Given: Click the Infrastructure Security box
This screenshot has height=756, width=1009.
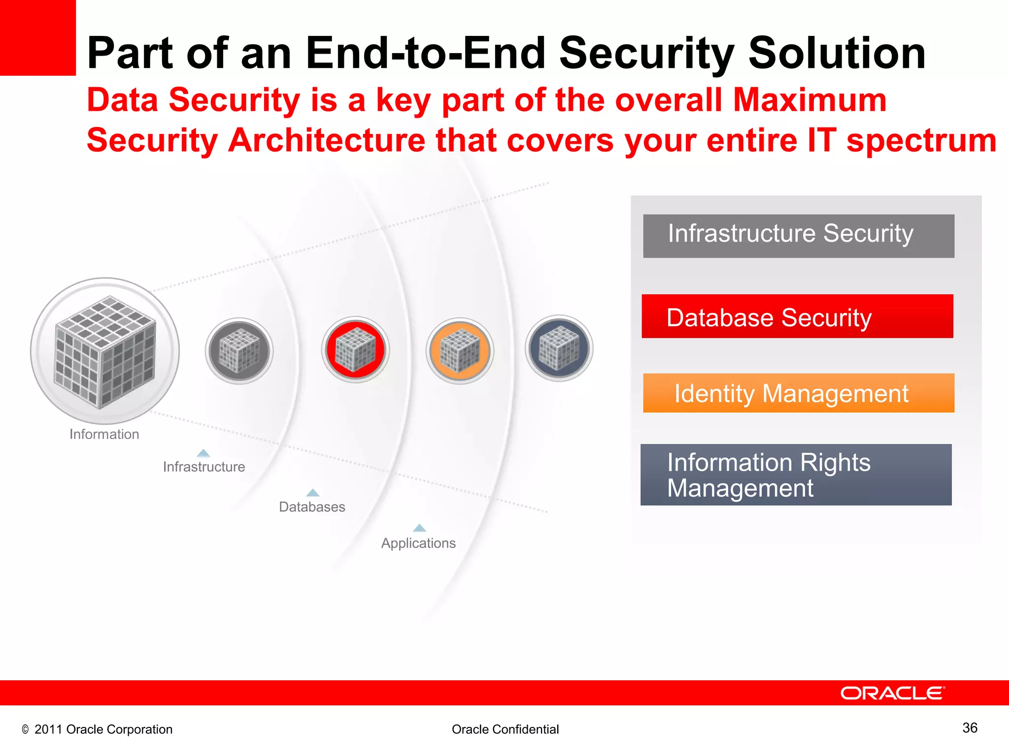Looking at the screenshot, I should point(798,236).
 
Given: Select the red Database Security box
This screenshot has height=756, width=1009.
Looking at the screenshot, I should point(797,316).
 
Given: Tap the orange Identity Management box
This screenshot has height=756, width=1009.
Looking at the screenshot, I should point(798,393).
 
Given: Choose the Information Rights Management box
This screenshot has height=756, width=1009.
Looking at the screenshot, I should point(796,474).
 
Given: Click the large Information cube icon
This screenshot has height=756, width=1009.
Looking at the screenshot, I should point(105,351).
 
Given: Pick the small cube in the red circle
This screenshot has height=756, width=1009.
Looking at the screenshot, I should point(355,349).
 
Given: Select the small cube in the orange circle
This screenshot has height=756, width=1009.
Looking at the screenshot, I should point(460,350).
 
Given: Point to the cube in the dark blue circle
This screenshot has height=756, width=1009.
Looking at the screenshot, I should point(559,348).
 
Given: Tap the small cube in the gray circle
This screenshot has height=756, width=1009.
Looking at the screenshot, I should point(239,350).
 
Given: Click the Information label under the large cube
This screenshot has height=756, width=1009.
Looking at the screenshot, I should point(104,434).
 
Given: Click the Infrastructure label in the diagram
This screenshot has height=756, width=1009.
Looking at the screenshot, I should point(204,467).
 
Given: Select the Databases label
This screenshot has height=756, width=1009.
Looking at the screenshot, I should point(312,506).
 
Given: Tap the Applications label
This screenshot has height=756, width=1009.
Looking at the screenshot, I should point(418,543).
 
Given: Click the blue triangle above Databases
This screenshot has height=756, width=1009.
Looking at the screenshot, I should point(313,493).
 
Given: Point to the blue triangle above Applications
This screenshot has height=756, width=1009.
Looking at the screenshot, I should point(419,528).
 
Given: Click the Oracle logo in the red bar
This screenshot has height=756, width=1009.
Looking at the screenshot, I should point(892,693).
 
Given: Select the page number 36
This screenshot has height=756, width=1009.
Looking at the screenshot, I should point(970,728).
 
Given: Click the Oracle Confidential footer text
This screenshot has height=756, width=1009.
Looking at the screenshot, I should point(505,729).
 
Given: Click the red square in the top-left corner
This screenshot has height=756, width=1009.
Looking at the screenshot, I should point(37,37).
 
